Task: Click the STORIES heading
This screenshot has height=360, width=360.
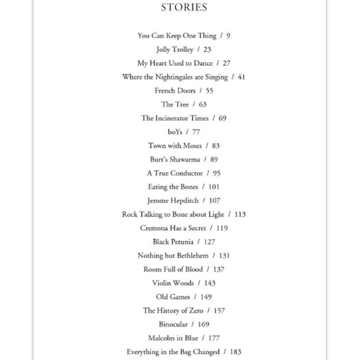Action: click(x=184, y=7)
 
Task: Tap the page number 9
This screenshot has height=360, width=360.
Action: click(x=228, y=36)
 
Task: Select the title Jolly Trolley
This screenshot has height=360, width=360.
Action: click(x=175, y=50)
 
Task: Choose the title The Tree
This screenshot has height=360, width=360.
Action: click(x=175, y=104)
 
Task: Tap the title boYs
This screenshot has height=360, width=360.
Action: click(x=176, y=132)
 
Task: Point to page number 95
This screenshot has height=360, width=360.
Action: click(x=217, y=173)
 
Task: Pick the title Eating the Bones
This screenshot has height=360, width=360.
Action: click(x=173, y=187)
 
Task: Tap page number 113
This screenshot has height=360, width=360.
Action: click(x=240, y=214)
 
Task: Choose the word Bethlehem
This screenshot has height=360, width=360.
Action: click(x=188, y=256)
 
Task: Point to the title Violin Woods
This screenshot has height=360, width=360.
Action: click(x=173, y=283)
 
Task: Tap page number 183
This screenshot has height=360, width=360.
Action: click(x=235, y=352)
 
